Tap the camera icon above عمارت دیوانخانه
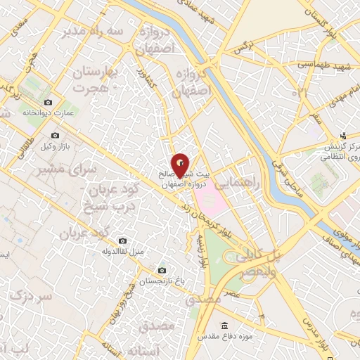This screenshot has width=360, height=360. (x=48, y=102)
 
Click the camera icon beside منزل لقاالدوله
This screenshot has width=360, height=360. (x=123, y=241)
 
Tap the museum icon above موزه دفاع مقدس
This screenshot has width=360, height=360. (x=224, y=326)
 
